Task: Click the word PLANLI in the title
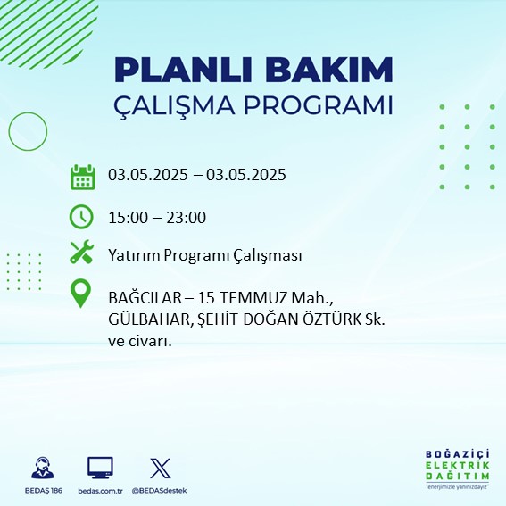[183, 70]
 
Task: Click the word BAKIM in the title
[328, 70]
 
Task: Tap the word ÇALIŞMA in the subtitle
[174, 105]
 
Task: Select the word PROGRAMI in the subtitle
[319, 105]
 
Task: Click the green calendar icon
[83, 177]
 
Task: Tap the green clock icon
[81, 217]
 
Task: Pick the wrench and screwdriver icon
[81, 252]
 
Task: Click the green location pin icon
[80, 293]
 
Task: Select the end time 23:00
[187, 218]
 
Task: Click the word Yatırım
[134, 255]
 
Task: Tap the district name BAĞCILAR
[145, 297]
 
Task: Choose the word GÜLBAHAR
[151, 319]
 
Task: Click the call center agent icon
[43, 468]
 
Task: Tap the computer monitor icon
[100, 468]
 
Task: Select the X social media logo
[161, 468]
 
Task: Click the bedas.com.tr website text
[100, 491]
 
